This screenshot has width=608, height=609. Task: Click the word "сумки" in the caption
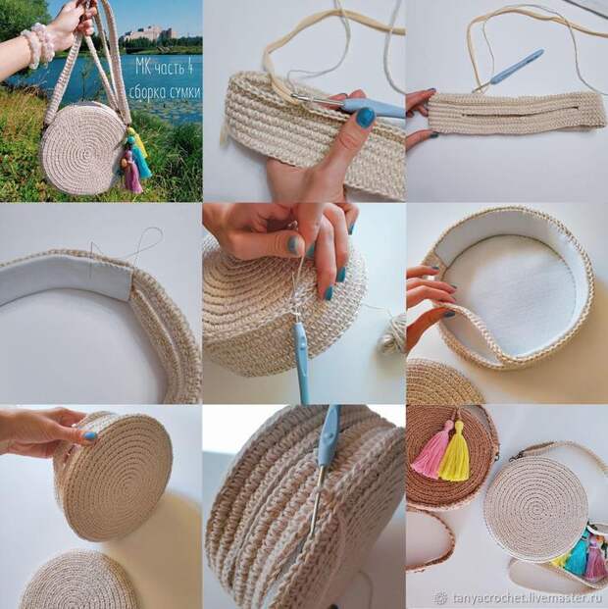(x=187, y=92)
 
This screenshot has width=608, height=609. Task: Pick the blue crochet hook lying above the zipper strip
(x=508, y=71)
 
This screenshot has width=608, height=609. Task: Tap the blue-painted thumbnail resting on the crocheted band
(x=365, y=118)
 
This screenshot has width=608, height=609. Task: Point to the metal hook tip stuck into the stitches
(x=316, y=505)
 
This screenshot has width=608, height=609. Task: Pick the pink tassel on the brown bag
(x=431, y=449)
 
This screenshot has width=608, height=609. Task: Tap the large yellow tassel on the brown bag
(x=455, y=454)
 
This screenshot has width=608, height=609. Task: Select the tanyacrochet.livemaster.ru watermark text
(x=529, y=598)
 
